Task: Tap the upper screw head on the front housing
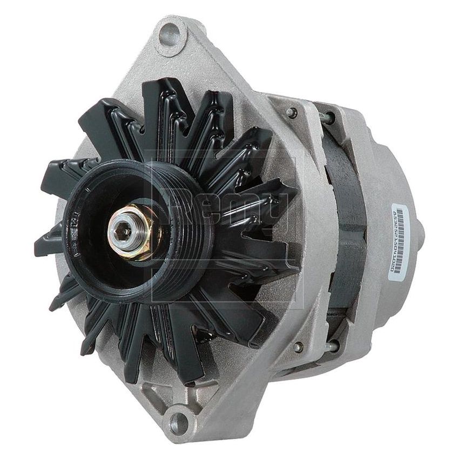click(x=292, y=112)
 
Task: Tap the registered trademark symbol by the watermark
click(x=306, y=154)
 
